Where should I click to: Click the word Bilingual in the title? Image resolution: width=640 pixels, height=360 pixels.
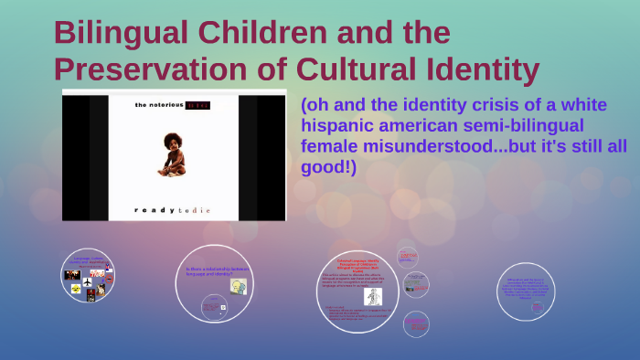pyautogui.click(x=113, y=33)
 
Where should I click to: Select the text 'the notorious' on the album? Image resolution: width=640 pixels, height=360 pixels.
pyautogui.click(x=159, y=106)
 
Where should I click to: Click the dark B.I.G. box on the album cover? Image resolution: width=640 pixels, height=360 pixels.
pyautogui.click(x=197, y=106)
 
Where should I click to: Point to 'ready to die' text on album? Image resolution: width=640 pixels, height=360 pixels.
pyautogui.click(x=173, y=210)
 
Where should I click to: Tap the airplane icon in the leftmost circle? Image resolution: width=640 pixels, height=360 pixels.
pyautogui.click(x=108, y=267)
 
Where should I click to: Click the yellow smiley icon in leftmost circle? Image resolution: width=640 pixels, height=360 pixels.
pyautogui.click(x=76, y=288)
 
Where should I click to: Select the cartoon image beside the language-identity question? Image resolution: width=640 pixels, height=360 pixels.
pyautogui.click(x=239, y=287)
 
